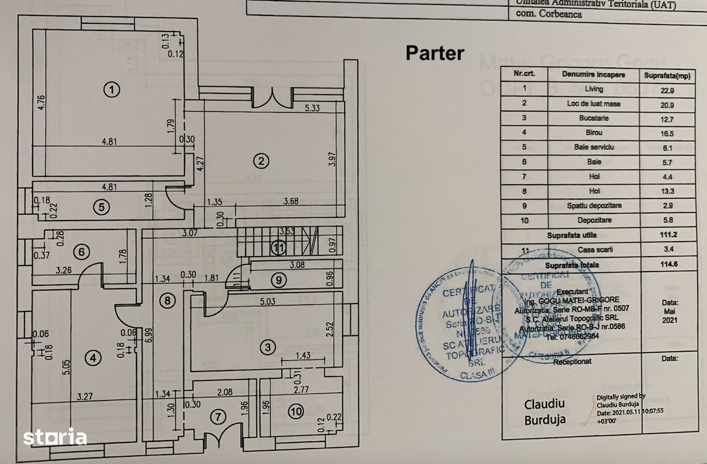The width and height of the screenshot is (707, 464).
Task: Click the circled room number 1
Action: click(112, 89)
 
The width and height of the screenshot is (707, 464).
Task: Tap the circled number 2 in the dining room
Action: click(261, 161)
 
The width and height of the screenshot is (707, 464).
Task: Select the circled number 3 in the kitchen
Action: click(268, 347)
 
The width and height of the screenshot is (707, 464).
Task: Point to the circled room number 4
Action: click(93, 358)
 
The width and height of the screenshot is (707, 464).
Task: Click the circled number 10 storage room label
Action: click(296, 411)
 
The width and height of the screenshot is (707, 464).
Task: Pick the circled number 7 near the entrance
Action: click(219, 416)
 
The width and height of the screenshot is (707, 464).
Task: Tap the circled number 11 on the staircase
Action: click(278, 248)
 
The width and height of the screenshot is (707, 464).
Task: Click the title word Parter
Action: click(435, 53)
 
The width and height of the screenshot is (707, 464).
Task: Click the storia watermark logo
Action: click(55, 436)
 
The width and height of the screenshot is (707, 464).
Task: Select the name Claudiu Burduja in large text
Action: click(544, 411)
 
